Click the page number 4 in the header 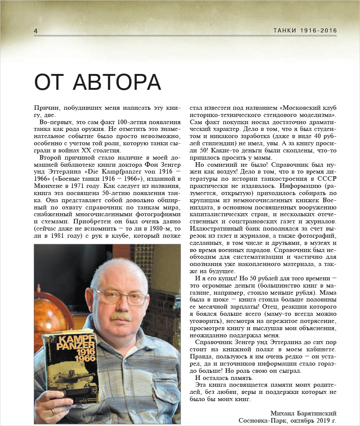(35, 31)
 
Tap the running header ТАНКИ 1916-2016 (305, 31)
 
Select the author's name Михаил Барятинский (303, 414)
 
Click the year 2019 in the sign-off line (320, 420)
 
